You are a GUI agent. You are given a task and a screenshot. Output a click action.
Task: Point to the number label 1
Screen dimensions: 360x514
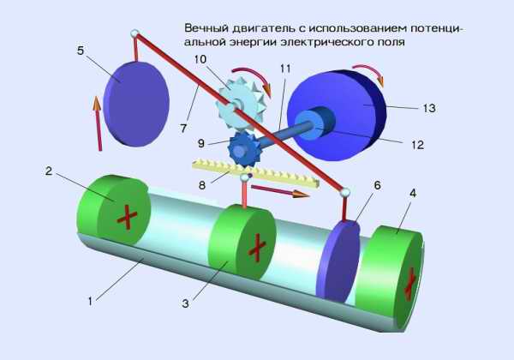click(x=92, y=299)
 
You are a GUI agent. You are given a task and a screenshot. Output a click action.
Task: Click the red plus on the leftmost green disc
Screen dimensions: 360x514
click(x=127, y=216)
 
